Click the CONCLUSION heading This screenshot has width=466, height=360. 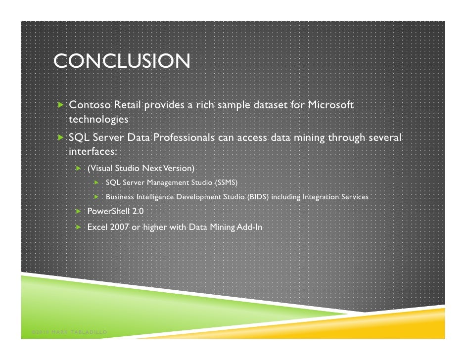[x=121, y=62]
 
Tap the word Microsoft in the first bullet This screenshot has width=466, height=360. [x=330, y=105]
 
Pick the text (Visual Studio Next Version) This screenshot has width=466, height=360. [x=141, y=168]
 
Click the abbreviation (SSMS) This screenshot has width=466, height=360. [x=226, y=183]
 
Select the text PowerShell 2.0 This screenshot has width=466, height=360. [x=116, y=212]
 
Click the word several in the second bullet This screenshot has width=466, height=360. [x=383, y=137]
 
